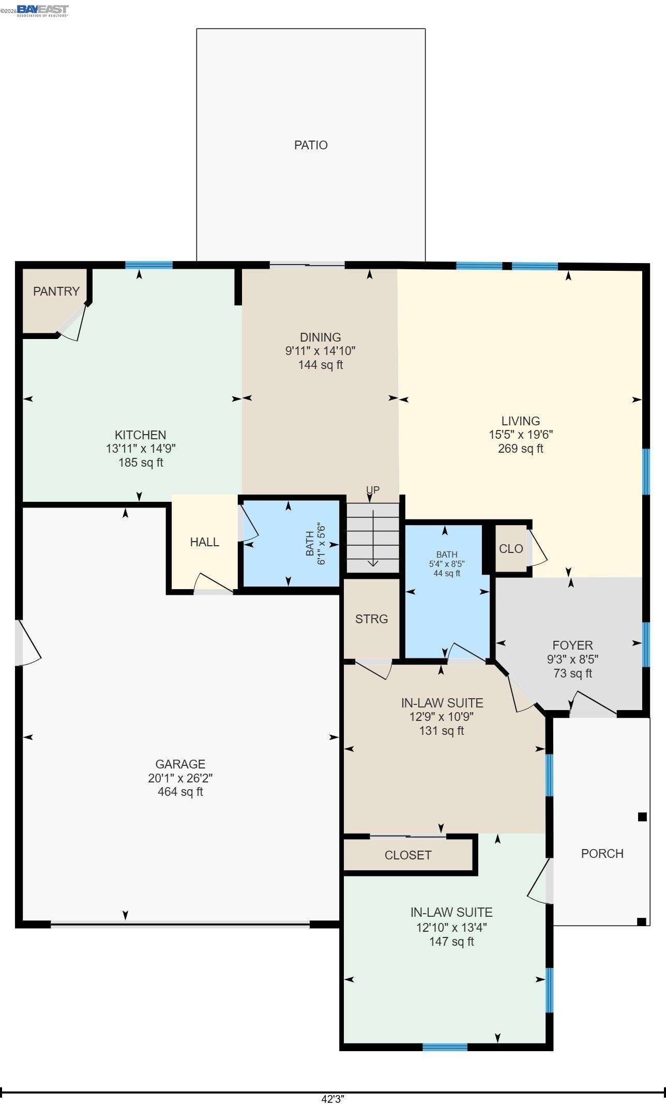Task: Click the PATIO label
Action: pyautogui.click(x=311, y=145)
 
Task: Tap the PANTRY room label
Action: pyautogui.click(x=56, y=291)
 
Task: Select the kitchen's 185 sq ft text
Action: pyautogui.click(x=141, y=463)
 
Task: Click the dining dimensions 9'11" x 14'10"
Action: pyautogui.click(x=320, y=351)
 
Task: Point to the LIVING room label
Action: pyautogui.click(x=520, y=421)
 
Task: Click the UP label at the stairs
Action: pyautogui.click(x=373, y=490)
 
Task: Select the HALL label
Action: pyautogui.click(x=204, y=542)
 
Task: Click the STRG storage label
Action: pyautogui.click(x=371, y=619)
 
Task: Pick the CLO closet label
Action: pyautogui.click(x=511, y=549)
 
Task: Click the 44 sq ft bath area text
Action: pyautogui.click(x=447, y=573)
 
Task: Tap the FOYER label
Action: pyautogui.click(x=572, y=645)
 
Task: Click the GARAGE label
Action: pyautogui.click(x=180, y=764)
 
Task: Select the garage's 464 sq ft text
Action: pyautogui.click(x=180, y=792)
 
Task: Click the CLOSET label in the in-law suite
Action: pyautogui.click(x=407, y=855)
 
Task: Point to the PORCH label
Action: pyautogui.click(x=602, y=854)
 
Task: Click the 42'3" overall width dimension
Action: pyautogui.click(x=332, y=1099)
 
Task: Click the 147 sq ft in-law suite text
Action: pyautogui.click(x=451, y=942)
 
